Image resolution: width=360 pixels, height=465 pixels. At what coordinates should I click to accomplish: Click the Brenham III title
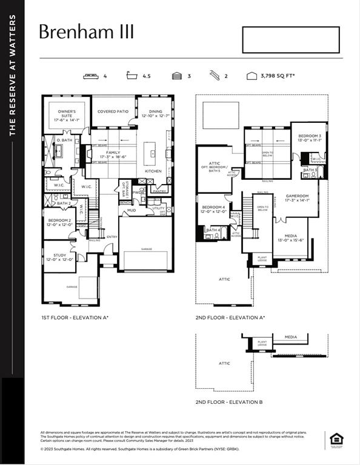(86, 31)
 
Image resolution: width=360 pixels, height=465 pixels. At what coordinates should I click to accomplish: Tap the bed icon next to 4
(92, 76)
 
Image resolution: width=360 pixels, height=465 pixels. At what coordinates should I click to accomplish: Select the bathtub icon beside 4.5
(132, 76)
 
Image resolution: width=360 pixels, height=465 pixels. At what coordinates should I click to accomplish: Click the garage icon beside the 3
(176, 76)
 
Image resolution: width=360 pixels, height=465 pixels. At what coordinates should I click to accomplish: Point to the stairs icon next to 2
(214, 76)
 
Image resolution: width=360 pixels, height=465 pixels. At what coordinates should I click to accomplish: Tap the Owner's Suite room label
(67, 114)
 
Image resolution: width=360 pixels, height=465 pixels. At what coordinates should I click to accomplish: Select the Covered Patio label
(113, 111)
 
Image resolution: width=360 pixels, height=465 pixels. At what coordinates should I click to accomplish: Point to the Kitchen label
(153, 171)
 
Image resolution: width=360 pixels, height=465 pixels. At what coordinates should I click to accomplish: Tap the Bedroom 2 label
(59, 222)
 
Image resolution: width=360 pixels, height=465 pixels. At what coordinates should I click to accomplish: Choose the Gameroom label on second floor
(298, 198)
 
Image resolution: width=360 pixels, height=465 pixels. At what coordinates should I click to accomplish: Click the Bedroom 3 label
(309, 137)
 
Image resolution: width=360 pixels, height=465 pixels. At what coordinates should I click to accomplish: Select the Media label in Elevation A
(292, 239)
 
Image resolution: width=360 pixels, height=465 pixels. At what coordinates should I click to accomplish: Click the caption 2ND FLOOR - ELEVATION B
(228, 402)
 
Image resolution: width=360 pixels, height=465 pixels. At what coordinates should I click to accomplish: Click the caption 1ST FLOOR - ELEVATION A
(75, 317)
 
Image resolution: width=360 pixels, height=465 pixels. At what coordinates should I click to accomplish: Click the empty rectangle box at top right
(291, 40)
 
